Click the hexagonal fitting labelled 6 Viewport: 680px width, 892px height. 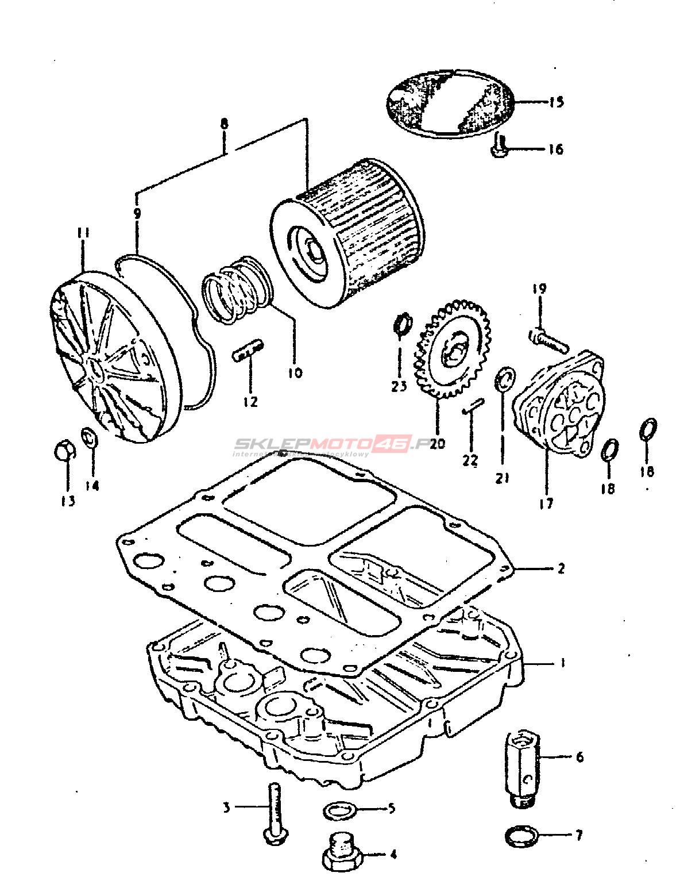click(522, 767)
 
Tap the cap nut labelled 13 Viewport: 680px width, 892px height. click(64, 451)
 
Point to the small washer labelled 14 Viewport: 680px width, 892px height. click(90, 437)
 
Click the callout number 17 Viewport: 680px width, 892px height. click(546, 503)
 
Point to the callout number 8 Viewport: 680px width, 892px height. click(224, 123)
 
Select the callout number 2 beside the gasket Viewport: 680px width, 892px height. click(561, 568)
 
